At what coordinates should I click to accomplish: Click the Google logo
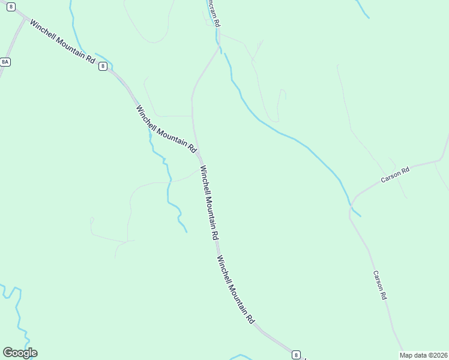point(20,352)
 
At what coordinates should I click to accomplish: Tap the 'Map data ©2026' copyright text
point(423,355)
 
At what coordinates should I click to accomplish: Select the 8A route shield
point(5,62)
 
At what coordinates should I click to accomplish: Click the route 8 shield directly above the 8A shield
point(11,6)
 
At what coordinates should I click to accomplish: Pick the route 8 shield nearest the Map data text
point(296,355)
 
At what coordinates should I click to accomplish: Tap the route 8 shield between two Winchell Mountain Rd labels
point(103,67)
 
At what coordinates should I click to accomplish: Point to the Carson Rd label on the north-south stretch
point(379,285)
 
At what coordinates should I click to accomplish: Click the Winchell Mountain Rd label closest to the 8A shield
point(62,43)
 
